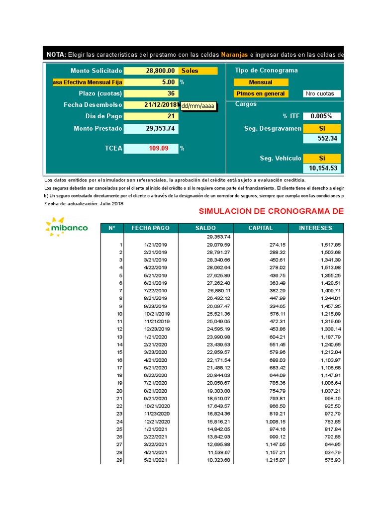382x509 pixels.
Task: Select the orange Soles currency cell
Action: (198, 71)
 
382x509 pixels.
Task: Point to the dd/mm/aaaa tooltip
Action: (198, 106)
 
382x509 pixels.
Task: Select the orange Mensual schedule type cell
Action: (261, 82)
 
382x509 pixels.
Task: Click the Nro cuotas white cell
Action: (322, 93)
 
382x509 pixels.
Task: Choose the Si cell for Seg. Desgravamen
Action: (322, 128)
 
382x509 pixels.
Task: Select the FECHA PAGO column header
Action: (150, 228)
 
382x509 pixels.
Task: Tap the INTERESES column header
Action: (315, 228)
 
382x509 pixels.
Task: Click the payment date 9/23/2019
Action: (157, 306)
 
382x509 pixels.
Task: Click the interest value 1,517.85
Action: (328, 245)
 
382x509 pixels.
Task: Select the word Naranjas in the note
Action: (234, 54)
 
